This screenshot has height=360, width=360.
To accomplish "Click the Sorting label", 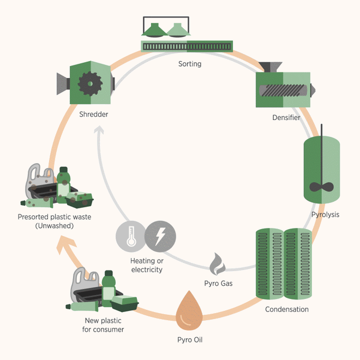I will [189, 64].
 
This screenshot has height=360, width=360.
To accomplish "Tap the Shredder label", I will [93, 115].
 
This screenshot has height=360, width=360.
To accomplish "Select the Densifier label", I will [286, 117].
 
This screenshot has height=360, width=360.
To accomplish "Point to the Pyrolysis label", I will [325, 214].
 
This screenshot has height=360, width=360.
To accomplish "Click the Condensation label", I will [286, 309].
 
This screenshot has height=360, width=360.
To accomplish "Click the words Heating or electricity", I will [146, 265].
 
